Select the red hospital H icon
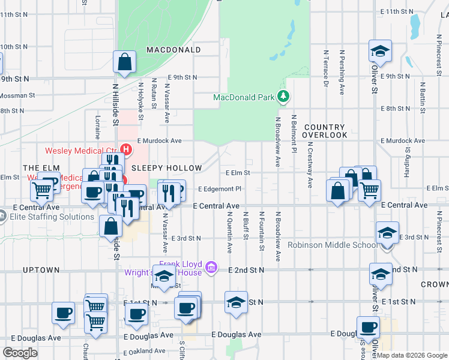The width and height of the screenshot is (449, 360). pos(126,149)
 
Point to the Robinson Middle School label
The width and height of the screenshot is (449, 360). pos(332,245)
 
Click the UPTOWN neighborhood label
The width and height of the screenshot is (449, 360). pos(41,271)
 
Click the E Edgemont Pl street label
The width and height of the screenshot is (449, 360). pos(219,188)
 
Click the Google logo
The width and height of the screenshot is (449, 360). pos(20,353)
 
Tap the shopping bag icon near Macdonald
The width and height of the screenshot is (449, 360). pos(124,62)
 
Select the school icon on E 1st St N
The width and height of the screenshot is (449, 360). pos(237,302)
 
